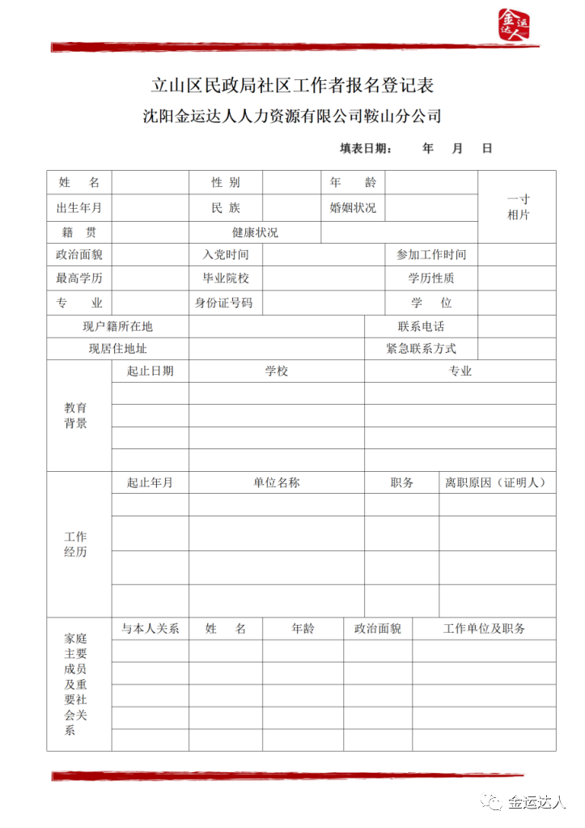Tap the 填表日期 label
(366, 148)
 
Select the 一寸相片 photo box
(517, 206)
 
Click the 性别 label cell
(226, 183)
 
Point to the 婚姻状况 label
(353, 207)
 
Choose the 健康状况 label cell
(255, 232)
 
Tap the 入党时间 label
(226, 255)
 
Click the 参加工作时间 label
(430, 255)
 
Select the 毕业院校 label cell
(226, 278)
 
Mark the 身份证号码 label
(224, 303)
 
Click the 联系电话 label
(421, 326)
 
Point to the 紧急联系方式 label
(421, 349)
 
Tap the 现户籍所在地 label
(117, 326)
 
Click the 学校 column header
(277, 371)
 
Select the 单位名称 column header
(277, 482)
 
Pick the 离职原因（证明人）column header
(498, 482)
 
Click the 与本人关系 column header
(150, 628)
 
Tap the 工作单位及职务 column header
(484, 628)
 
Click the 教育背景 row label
(76, 415)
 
